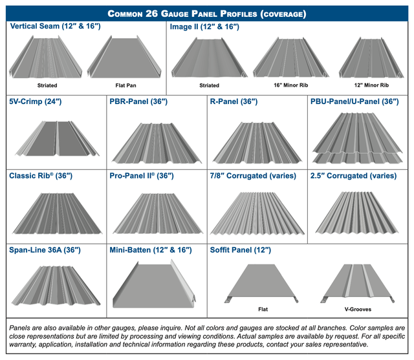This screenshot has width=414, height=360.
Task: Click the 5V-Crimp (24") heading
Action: click(x=36, y=101)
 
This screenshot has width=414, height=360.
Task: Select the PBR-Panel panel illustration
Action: click(x=157, y=143)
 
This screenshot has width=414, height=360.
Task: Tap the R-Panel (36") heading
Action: click(x=234, y=101)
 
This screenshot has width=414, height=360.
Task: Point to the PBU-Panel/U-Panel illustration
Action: click(x=358, y=138)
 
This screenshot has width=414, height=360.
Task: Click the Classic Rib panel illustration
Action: click(x=57, y=213)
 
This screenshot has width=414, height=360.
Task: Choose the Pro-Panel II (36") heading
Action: click(x=142, y=176)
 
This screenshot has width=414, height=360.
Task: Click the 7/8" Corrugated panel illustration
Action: click(x=257, y=213)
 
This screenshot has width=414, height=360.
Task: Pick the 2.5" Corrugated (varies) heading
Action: click(x=354, y=176)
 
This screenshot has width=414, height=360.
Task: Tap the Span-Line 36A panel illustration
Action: click(x=56, y=286)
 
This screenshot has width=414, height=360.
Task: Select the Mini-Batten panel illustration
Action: click(x=154, y=284)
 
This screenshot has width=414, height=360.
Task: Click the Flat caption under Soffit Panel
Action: click(x=263, y=309)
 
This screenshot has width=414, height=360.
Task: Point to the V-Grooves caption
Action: click(x=358, y=309)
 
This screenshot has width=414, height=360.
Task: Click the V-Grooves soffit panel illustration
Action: click(x=358, y=283)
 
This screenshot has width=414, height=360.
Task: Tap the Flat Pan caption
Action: click(x=125, y=85)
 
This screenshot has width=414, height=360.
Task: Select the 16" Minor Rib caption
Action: click(x=291, y=85)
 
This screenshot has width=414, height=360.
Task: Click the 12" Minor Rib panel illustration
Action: click(x=371, y=58)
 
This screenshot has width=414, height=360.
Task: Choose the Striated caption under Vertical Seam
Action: click(x=47, y=85)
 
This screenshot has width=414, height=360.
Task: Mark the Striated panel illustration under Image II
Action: click(x=210, y=58)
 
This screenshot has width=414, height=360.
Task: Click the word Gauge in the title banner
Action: click(x=175, y=14)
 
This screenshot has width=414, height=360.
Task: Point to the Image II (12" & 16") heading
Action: click(x=204, y=26)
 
